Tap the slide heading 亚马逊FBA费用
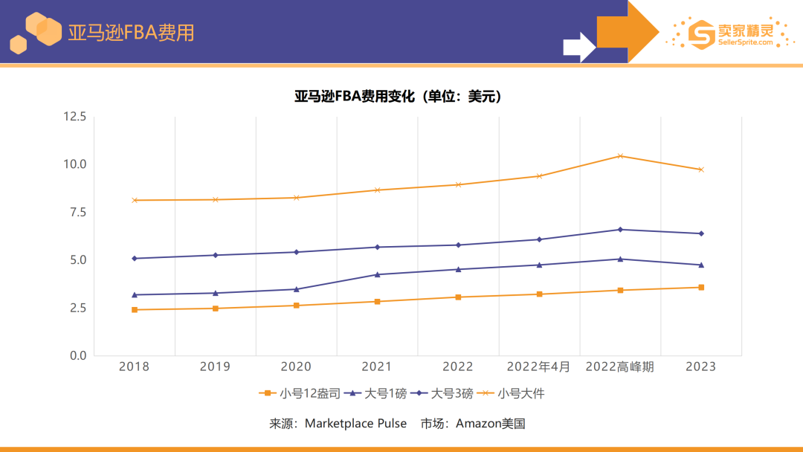pyautogui.click(x=131, y=33)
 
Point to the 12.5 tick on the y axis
pyautogui.click(x=74, y=117)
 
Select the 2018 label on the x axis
pyautogui.click(x=134, y=367)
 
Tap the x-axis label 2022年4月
pyautogui.click(x=538, y=367)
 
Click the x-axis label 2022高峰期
pyautogui.click(x=619, y=367)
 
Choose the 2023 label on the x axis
pyautogui.click(x=700, y=367)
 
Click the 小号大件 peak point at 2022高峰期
pyautogui.click(x=620, y=156)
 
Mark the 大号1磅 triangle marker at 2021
pyautogui.click(x=377, y=274)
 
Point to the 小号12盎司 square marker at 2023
pyautogui.click(x=700, y=288)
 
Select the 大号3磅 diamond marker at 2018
pyautogui.click(x=135, y=259)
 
